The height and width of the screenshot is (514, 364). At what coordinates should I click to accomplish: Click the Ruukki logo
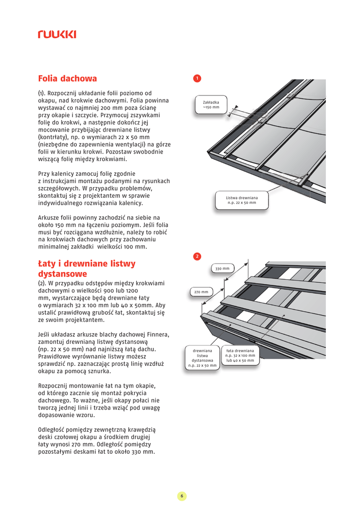(x=57, y=34)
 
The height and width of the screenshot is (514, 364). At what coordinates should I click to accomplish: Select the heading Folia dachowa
(x=67, y=79)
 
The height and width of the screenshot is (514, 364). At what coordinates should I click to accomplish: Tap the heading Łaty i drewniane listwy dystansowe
(x=86, y=269)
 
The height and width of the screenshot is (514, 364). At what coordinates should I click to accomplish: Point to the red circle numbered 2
(x=198, y=256)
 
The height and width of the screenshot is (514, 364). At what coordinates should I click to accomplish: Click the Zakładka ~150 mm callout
(x=211, y=104)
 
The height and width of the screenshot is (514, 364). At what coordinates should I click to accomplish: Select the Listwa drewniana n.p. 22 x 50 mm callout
(x=242, y=200)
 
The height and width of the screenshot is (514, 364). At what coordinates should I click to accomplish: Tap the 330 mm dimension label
(x=222, y=269)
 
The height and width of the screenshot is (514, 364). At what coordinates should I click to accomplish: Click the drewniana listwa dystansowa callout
(x=203, y=358)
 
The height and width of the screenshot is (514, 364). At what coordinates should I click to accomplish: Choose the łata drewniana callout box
(x=240, y=355)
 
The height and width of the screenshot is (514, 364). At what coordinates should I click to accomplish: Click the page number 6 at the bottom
(x=182, y=496)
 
